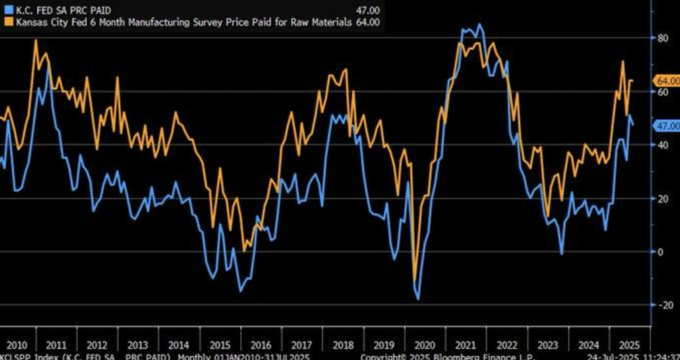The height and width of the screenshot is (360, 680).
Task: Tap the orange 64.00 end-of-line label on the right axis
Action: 667,80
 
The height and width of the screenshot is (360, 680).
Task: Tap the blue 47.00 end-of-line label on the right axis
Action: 667,126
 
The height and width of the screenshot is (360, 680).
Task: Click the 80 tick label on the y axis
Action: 663,38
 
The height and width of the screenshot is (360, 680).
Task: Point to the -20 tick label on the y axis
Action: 661,304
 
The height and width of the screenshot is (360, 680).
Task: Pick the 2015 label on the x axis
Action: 220,345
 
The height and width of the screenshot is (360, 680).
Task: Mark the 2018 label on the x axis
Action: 343,345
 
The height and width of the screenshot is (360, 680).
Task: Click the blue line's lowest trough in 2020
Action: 418,299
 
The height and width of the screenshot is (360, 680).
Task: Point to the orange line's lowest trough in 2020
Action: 415,280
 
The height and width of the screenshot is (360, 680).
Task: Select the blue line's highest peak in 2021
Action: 479,25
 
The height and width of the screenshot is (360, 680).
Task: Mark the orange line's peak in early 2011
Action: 35,41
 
